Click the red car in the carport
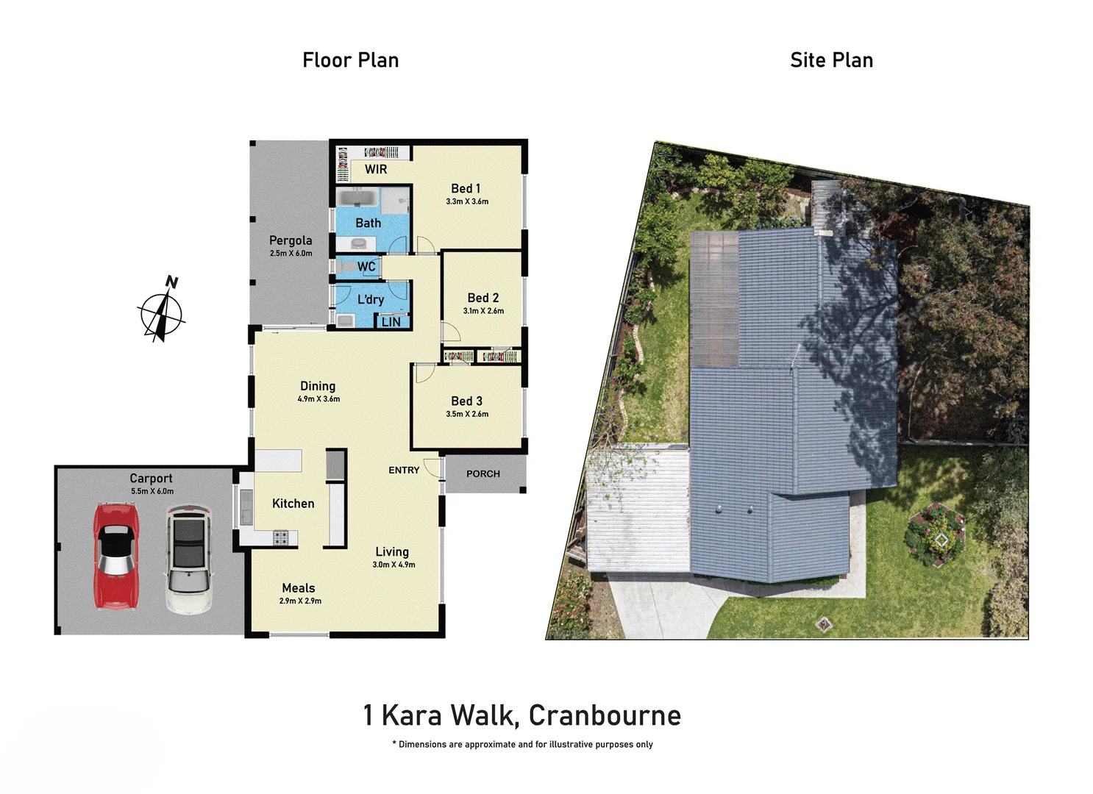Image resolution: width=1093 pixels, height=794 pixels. point(116,556)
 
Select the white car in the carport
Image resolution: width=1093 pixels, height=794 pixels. point(188,559)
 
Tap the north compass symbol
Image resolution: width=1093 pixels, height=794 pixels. point(162,312)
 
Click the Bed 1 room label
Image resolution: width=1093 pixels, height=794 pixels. point(466,189)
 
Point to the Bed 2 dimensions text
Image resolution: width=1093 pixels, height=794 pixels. point(483,311)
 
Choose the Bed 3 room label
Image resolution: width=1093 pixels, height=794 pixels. point(466,401)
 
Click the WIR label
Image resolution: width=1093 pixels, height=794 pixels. point(376,170)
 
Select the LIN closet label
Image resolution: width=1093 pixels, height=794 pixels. point(391,322)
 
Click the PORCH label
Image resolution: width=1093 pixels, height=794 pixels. point(483,474)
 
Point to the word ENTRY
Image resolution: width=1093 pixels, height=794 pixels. point(404,471)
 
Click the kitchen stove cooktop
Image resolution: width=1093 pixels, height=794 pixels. point(281,538)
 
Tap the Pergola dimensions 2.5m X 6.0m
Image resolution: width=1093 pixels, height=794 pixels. point(291,254)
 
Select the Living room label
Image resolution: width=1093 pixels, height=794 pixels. point(392,552)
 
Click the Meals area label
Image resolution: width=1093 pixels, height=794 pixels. point(299,588)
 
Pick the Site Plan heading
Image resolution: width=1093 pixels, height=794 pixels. point(831,60)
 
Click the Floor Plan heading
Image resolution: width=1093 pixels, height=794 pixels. point(350,60)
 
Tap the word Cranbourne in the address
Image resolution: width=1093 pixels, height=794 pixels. point(605,715)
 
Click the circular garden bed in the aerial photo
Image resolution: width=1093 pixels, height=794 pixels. point(936,534)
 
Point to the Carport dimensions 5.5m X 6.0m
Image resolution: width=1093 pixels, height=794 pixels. point(152,491)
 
